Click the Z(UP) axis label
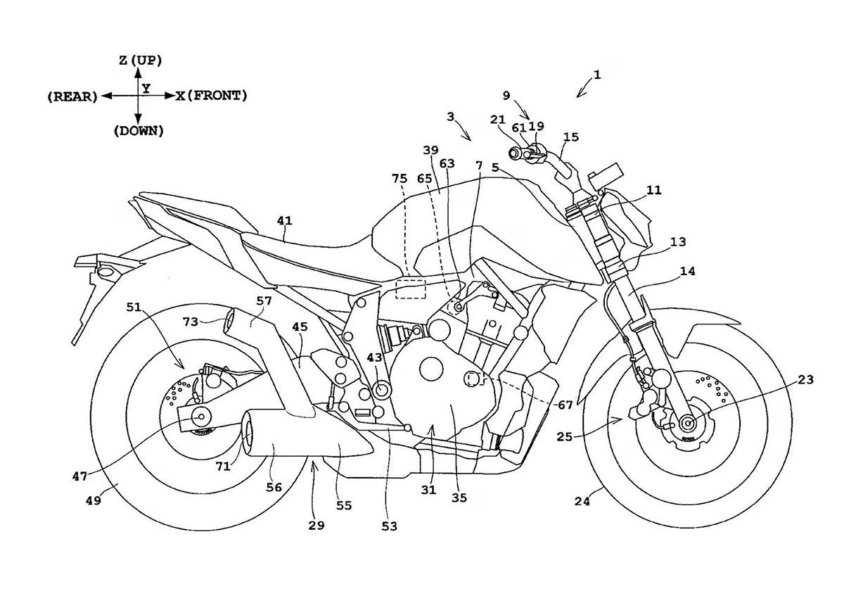140,61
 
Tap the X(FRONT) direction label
211,96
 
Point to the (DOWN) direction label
139,131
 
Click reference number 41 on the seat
284,220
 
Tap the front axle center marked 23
686,423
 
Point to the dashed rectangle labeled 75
410,289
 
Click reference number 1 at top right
596,73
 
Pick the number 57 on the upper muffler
263,300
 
